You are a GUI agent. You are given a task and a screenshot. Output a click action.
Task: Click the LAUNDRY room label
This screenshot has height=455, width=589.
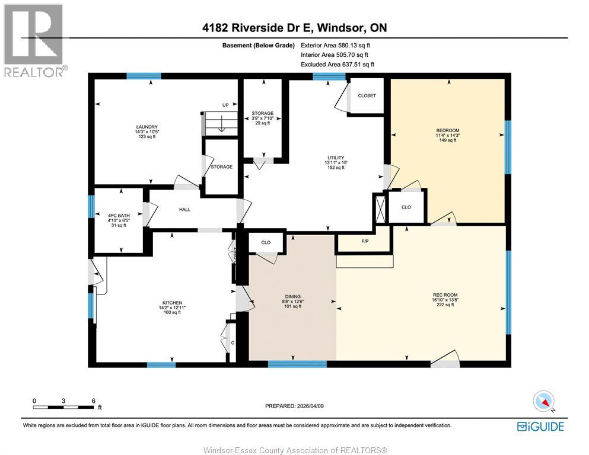click(147, 127)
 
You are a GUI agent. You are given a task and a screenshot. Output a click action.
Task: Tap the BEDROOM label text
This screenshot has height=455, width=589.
click(447, 130)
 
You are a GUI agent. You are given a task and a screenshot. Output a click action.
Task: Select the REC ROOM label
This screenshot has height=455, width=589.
click(445, 295)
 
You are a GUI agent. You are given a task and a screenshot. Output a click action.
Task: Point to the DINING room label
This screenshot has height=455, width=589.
click(292, 296)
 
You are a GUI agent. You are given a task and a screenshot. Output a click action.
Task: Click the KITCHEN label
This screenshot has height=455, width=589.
click(172, 303)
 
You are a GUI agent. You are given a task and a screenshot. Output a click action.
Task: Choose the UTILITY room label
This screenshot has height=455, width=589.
click(336, 158)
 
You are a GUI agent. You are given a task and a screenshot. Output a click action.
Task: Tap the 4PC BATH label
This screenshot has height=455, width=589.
click(119, 216)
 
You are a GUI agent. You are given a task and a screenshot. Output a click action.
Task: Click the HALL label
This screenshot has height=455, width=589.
click(184, 210)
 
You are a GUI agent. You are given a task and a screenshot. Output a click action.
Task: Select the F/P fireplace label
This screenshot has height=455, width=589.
click(365, 241)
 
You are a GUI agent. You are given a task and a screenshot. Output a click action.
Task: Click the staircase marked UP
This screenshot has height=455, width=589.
click(221, 123)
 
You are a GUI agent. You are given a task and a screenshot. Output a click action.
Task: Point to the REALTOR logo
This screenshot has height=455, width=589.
click(34, 40)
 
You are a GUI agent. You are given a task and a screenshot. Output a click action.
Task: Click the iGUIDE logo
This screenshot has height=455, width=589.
click(540, 427)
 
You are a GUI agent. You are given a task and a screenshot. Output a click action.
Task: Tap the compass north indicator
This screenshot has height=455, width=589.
click(544, 401)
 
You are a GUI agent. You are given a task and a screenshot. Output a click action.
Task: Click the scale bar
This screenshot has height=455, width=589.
click(63, 407)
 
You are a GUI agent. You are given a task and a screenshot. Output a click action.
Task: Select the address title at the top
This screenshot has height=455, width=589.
click(294, 28)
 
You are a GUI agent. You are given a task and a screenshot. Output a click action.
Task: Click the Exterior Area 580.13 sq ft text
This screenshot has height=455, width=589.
click(336, 46)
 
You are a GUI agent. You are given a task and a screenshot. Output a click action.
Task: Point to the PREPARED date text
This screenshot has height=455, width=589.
click(294, 406)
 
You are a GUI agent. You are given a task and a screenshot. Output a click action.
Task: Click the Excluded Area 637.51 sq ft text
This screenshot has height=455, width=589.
click(338, 65)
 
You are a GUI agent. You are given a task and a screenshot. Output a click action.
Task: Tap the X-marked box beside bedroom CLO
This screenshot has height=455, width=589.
click(380, 208)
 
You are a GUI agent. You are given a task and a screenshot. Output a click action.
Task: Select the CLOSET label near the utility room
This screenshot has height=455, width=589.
click(367, 95)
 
